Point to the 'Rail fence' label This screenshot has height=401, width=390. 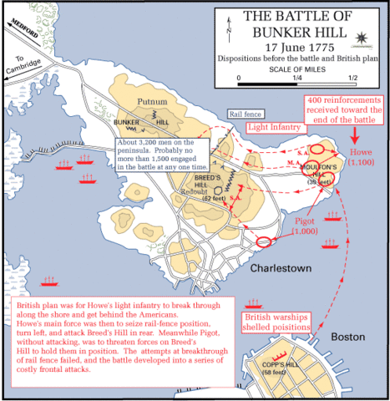point(243,113)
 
